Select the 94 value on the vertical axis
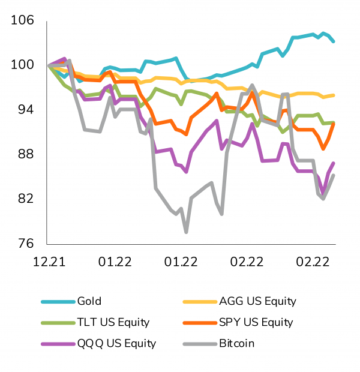[26, 109]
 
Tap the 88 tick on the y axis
[26, 154]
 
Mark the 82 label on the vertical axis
[26, 199]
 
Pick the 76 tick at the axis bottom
[26, 244]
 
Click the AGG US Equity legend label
[257, 301]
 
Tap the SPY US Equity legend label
[256, 322]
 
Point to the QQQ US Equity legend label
[116, 343]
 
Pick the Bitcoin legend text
[238, 343]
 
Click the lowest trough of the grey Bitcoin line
[187, 232]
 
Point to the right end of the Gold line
[334, 41]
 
